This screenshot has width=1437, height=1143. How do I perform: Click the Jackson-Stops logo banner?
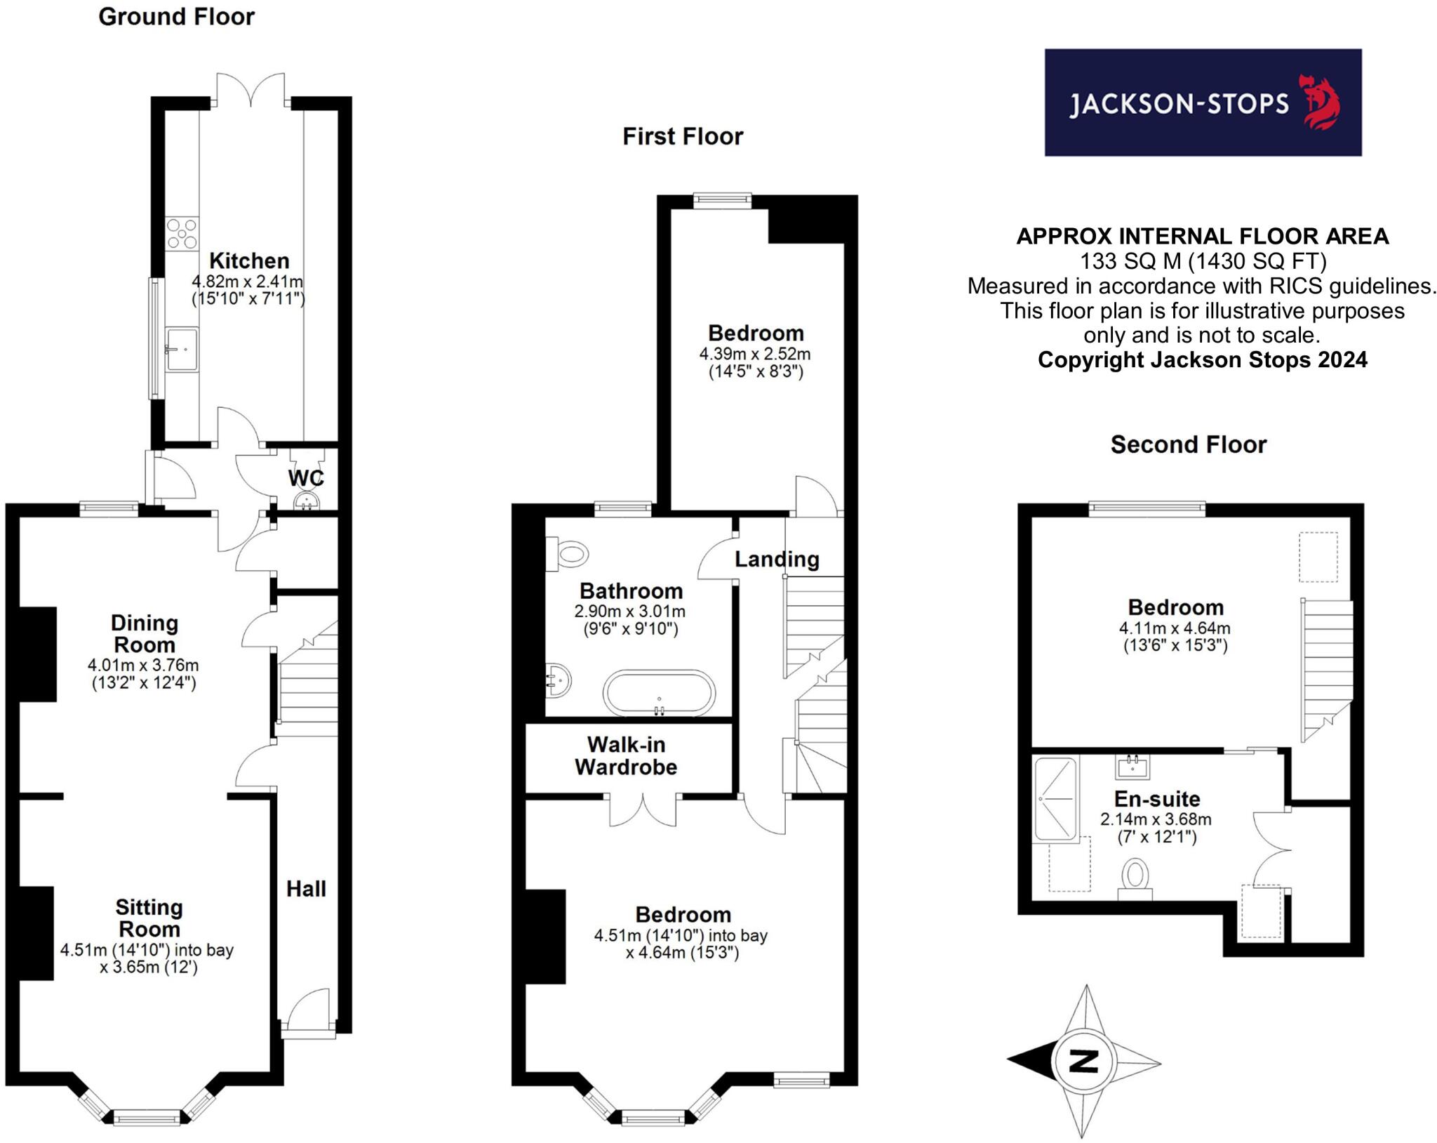(1202, 103)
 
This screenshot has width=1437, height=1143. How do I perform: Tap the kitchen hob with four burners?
(182, 234)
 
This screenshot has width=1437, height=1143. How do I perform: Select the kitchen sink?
(182, 349)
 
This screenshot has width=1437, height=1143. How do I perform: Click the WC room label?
(306, 478)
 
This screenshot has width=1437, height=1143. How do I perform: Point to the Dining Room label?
(145, 633)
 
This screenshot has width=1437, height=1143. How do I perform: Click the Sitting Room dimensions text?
(147, 958)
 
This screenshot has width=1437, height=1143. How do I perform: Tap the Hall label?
(306, 889)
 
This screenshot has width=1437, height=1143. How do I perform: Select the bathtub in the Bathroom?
(659, 693)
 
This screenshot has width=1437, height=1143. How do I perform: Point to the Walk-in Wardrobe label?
(626, 755)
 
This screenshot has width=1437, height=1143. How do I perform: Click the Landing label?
(777, 559)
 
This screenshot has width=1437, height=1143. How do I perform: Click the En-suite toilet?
(1135, 878)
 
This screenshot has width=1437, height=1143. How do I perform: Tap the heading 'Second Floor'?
(1188, 444)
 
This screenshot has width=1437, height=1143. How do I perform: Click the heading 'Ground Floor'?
(176, 16)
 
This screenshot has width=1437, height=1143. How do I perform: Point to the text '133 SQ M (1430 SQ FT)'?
(1202, 261)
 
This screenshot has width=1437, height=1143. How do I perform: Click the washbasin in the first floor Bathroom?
(558, 680)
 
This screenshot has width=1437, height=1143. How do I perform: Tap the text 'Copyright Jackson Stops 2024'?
(1202, 359)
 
